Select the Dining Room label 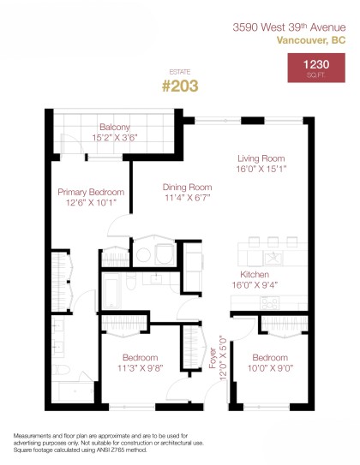[187, 187]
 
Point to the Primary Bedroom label [91, 192]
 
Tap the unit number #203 [180, 86]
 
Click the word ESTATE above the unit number [180, 72]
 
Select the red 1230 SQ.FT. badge [317, 68]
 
